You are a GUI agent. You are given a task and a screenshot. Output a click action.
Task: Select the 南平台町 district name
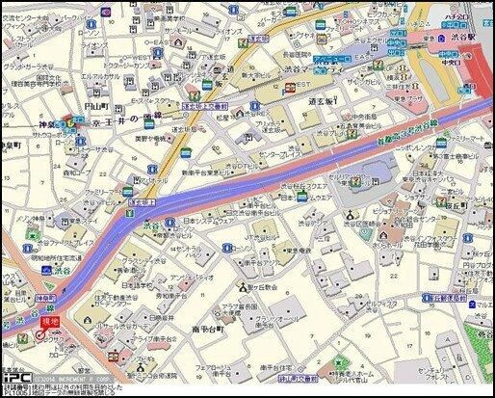(x=208, y=330)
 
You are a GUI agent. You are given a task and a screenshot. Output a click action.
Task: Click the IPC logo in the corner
(x=13, y=379)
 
